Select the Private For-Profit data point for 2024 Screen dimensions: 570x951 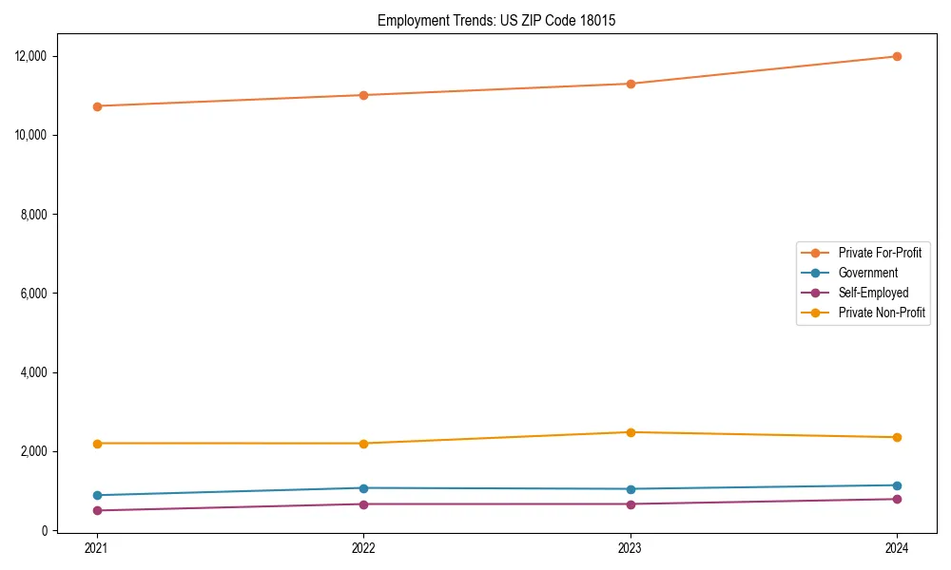pyautogui.click(x=897, y=56)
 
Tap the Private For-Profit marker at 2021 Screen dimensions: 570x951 pyautogui.click(x=96, y=106)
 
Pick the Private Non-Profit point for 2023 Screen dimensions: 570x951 pyautogui.click(x=630, y=432)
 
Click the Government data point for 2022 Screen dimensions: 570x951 pyautogui.click(x=363, y=488)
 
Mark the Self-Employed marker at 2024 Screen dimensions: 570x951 pyautogui.click(x=897, y=499)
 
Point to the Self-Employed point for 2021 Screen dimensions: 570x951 pyautogui.click(x=96, y=510)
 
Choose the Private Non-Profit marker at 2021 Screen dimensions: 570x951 pyautogui.click(x=96, y=444)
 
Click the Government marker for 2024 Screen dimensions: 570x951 pyautogui.click(x=897, y=485)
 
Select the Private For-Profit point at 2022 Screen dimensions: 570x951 pyautogui.click(x=363, y=95)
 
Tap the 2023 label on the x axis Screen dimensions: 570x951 pyautogui.click(x=630, y=547)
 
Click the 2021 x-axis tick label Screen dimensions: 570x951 pyautogui.click(x=96, y=547)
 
